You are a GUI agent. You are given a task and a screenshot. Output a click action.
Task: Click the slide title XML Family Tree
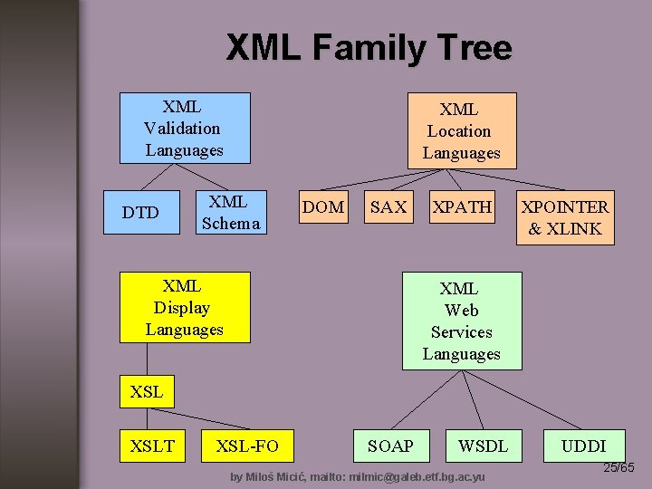coord(369,47)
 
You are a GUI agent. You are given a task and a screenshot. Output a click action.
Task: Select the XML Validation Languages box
coord(184,128)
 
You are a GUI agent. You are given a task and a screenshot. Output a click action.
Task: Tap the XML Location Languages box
coord(461,131)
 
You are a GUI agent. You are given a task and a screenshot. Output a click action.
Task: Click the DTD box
coord(141,213)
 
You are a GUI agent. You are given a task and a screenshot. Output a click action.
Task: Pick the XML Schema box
coord(230,212)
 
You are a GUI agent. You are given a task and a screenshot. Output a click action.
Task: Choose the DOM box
coord(323,207)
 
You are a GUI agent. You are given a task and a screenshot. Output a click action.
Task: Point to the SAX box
coord(388,207)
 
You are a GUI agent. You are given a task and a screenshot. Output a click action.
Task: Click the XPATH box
coord(462,207)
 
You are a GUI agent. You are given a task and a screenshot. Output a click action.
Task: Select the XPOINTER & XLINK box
coord(564,217)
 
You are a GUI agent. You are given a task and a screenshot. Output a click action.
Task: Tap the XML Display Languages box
coord(184,308)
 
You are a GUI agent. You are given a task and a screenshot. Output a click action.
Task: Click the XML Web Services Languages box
coord(462,321)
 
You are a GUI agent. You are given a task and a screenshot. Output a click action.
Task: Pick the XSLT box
coord(152,445)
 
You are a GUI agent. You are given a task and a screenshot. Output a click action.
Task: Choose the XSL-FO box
coord(247,445)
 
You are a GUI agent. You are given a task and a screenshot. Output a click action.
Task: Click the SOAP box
coord(390,446)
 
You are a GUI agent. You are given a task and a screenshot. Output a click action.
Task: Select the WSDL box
coord(483,446)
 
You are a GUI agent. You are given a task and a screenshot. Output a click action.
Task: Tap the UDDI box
coord(583,446)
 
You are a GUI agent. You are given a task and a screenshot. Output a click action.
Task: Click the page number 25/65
coord(619,467)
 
